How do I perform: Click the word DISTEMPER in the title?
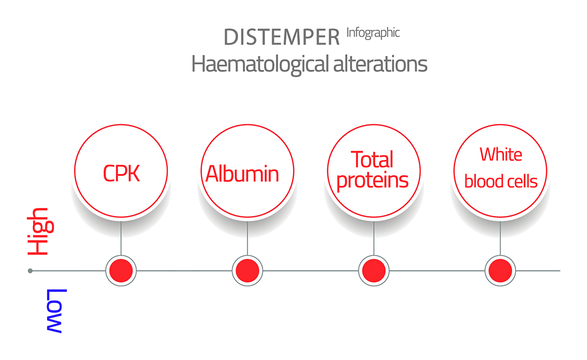point(282,37)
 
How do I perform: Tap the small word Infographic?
point(373,33)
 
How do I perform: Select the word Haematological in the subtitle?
point(260,64)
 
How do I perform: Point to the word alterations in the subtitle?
point(380,63)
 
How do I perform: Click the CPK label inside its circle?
point(121,173)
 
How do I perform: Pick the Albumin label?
point(242,174)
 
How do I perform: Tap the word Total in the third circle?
point(372,159)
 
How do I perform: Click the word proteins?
point(372,181)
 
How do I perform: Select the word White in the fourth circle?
point(501,154)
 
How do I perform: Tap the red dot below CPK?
point(121,270)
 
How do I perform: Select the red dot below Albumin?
point(248,270)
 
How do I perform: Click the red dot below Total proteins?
point(374,270)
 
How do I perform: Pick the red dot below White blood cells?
point(500,270)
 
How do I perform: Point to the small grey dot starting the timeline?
point(30,270)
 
